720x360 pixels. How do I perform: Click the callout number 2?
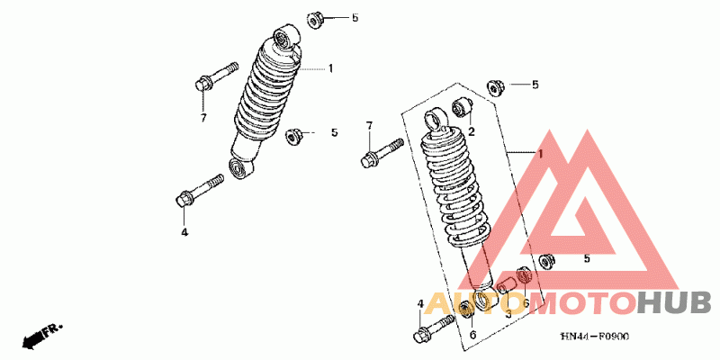470,131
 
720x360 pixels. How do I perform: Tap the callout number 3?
508,314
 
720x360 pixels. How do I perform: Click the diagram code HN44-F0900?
594,337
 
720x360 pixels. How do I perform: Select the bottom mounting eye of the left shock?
239,166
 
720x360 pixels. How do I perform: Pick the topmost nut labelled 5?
316,18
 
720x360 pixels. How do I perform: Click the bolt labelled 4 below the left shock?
200,190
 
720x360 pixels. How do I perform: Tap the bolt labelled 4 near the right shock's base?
435,328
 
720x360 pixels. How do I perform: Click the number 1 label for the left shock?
330,68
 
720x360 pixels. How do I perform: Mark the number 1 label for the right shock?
542,155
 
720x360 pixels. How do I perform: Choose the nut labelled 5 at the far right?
544,261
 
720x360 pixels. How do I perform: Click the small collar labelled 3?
506,288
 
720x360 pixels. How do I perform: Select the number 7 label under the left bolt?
203,118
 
